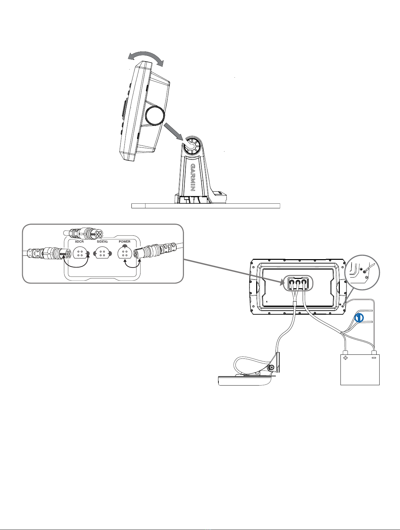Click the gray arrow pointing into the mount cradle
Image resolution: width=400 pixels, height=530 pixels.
tap(174, 132)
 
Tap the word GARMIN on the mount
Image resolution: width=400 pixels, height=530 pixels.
tap(193, 178)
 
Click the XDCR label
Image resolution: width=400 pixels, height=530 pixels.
tap(79, 241)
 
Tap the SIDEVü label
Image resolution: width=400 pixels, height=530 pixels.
tap(102, 241)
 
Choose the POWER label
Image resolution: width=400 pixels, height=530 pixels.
tap(124, 241)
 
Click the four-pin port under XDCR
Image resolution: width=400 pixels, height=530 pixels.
tap(80, 253)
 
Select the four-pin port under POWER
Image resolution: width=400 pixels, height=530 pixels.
tap(124, 253)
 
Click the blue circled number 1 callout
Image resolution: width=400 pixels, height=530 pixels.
tap(359, 318)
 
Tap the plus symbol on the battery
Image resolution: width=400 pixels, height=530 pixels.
tap(345, 358)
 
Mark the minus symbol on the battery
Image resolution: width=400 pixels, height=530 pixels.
tap(374, 357)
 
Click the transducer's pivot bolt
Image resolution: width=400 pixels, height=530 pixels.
tap(272, 368)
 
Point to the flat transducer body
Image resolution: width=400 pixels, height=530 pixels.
tap(244, 380)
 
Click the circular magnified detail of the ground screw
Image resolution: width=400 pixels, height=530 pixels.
tap(363, 273)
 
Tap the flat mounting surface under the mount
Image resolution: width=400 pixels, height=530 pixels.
tap(206, 206)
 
